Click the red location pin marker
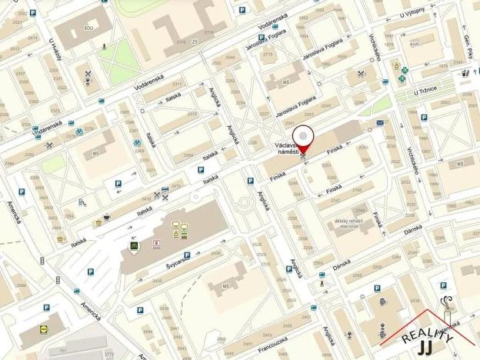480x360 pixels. point(305,135)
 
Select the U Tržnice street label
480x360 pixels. point(425,90)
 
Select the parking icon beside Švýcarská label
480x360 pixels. point(187,255)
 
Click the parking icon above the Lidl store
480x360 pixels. point(46,307)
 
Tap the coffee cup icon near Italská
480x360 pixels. point(106,217)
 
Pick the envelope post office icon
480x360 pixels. point(380,122)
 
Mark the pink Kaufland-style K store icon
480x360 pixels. point(158,243)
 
